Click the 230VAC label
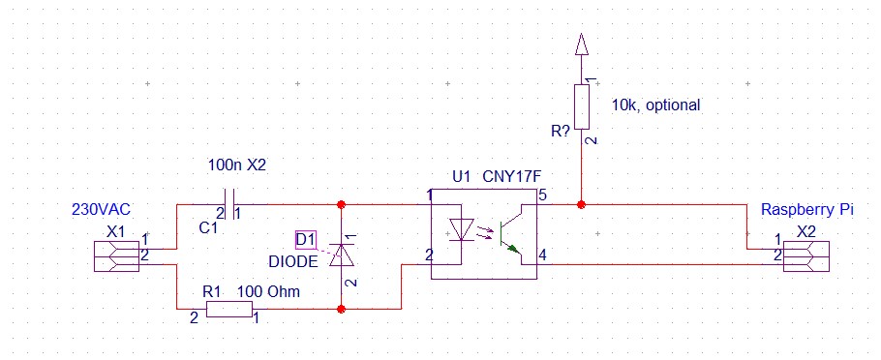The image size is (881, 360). (101, 209)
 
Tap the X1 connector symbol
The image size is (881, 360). (116, 256)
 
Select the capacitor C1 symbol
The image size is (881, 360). (228, 204)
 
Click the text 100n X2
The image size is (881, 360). (236, 165)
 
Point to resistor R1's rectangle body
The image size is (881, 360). (229, 309)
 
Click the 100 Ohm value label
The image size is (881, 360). (268, 292)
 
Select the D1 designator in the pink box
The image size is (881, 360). (306, 240)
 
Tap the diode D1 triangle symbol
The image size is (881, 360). (341, 255)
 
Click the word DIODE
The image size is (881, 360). (292, 261)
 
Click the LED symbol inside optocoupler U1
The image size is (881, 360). (461, 230)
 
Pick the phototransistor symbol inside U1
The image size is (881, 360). (508, 235)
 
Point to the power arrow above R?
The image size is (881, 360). (581, 44)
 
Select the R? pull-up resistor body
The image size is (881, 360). (581, 106)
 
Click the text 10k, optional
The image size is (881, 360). (655, 105)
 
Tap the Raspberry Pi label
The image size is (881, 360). (806, 209)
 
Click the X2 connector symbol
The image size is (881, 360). (806, 256)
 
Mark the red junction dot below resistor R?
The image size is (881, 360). (581, 204)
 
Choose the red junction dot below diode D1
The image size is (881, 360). (341, 309)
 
